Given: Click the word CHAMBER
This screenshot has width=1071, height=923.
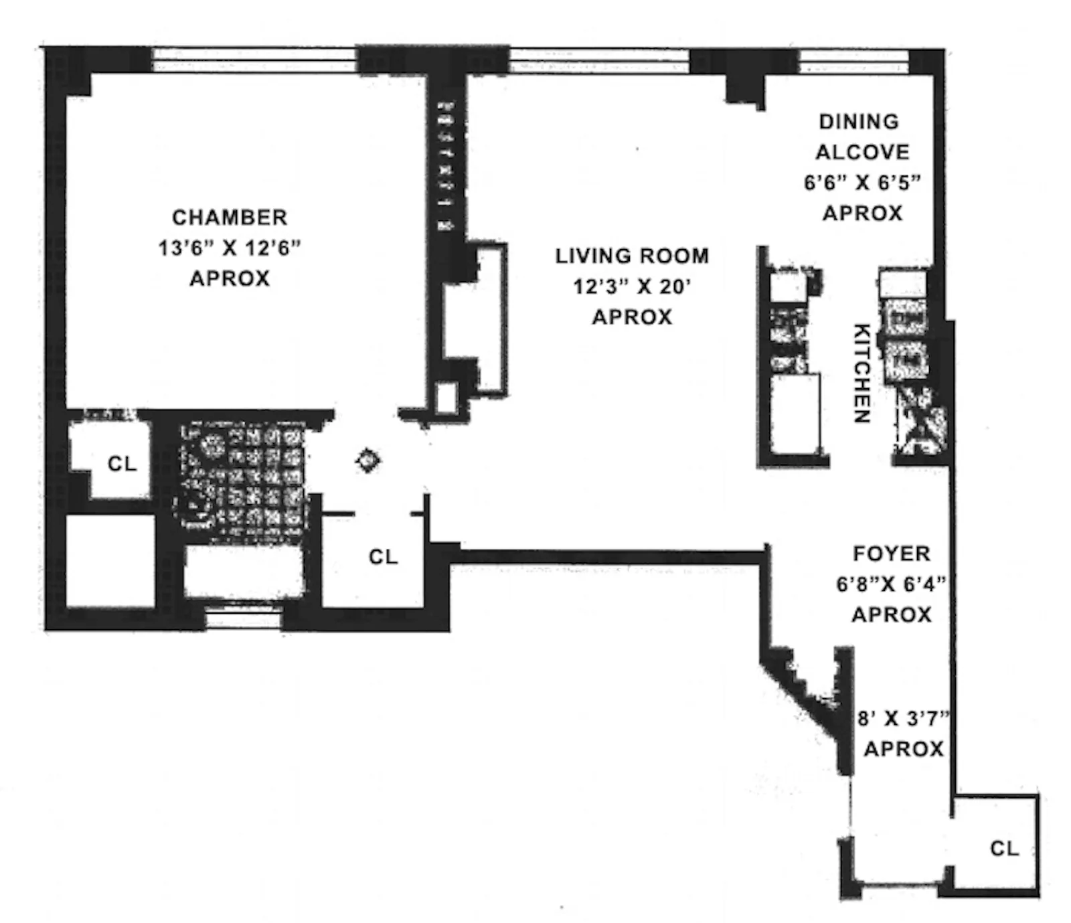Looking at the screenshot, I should click(230, 218).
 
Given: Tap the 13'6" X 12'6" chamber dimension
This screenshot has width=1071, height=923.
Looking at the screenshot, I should click(230, 248).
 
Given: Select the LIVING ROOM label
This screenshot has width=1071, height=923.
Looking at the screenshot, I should click(632, 256).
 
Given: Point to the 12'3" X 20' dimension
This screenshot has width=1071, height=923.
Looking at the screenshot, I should click(632, 286).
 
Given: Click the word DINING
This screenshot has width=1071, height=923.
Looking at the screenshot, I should click(859, 122).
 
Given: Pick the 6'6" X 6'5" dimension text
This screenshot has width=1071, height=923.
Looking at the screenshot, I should click(862, 183).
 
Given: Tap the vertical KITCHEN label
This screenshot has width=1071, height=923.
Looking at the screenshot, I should click(861, 373).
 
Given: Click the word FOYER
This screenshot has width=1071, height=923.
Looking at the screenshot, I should click(892, 554).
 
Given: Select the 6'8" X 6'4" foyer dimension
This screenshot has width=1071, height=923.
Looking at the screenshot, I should click(892, 584).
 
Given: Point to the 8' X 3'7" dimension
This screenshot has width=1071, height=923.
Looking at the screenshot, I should click(904, 719).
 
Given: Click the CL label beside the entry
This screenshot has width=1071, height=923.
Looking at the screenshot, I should click(1004, 849).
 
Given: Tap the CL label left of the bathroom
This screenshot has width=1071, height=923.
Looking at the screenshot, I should click(122, 464).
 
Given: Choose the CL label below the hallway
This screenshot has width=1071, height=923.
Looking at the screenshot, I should click(383, 557).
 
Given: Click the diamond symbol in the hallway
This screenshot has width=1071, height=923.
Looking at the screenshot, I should click(368, 460).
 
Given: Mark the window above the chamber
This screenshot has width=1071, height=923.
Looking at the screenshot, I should click(254, 60).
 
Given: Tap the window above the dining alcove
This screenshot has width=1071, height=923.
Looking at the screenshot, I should click(853, 61).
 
